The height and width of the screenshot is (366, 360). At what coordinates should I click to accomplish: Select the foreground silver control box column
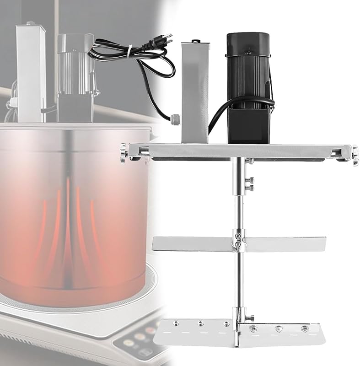pos(194,91)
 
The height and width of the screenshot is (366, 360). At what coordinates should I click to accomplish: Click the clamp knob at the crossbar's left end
pos(124,151)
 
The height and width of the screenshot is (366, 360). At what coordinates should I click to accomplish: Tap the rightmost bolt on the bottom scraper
pos(304,329)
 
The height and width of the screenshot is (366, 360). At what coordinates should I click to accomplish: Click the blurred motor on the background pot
pos(75,78)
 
